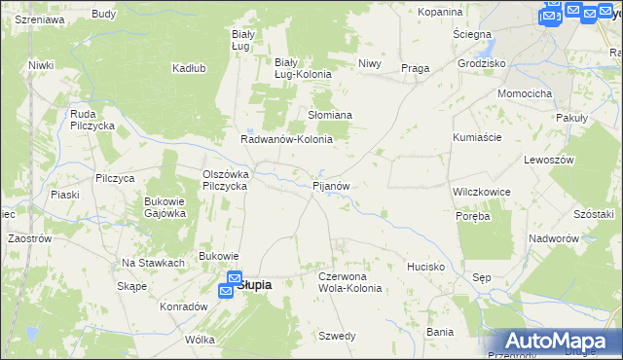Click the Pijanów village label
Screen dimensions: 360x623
[x=330, y=185]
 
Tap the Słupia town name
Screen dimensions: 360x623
[x=253, y=285]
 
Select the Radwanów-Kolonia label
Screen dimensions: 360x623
[x=287, y=139]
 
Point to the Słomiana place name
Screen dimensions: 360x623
[x=330, y=115]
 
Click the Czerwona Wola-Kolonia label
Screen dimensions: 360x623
[x=350, y=282]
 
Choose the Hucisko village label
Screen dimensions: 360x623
[x=426, y=266]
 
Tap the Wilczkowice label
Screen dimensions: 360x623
[x=482, y=192]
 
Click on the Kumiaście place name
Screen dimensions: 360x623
[x=477, y=137]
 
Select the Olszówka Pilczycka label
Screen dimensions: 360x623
[x=226, y=180]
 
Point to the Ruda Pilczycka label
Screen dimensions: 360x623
[x=93, y=120]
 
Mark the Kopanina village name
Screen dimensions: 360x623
[x=440, y=12]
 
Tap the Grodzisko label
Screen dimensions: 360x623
[x=481, y=63]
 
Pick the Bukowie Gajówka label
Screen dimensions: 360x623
[x=165, y=207]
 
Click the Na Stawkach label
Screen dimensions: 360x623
[x=153, y=263]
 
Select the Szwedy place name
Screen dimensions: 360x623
[x=337, y=336]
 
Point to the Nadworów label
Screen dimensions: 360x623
[x=554, y=238]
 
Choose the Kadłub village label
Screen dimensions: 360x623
[x=189, y=68]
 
